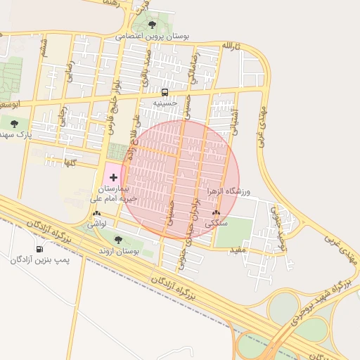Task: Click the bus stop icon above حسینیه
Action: pos(165,92)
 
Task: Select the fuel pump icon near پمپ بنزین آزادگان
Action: pos(39,248)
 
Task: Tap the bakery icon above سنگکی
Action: pos(216,212)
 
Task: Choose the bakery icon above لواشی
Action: pos(96,213)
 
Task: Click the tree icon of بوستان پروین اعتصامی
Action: pos(155,25)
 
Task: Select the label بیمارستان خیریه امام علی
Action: pos(115,194)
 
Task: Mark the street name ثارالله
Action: pos(231,46)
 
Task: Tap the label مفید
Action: pos(238,249)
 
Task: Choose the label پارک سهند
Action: pos(15,134)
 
